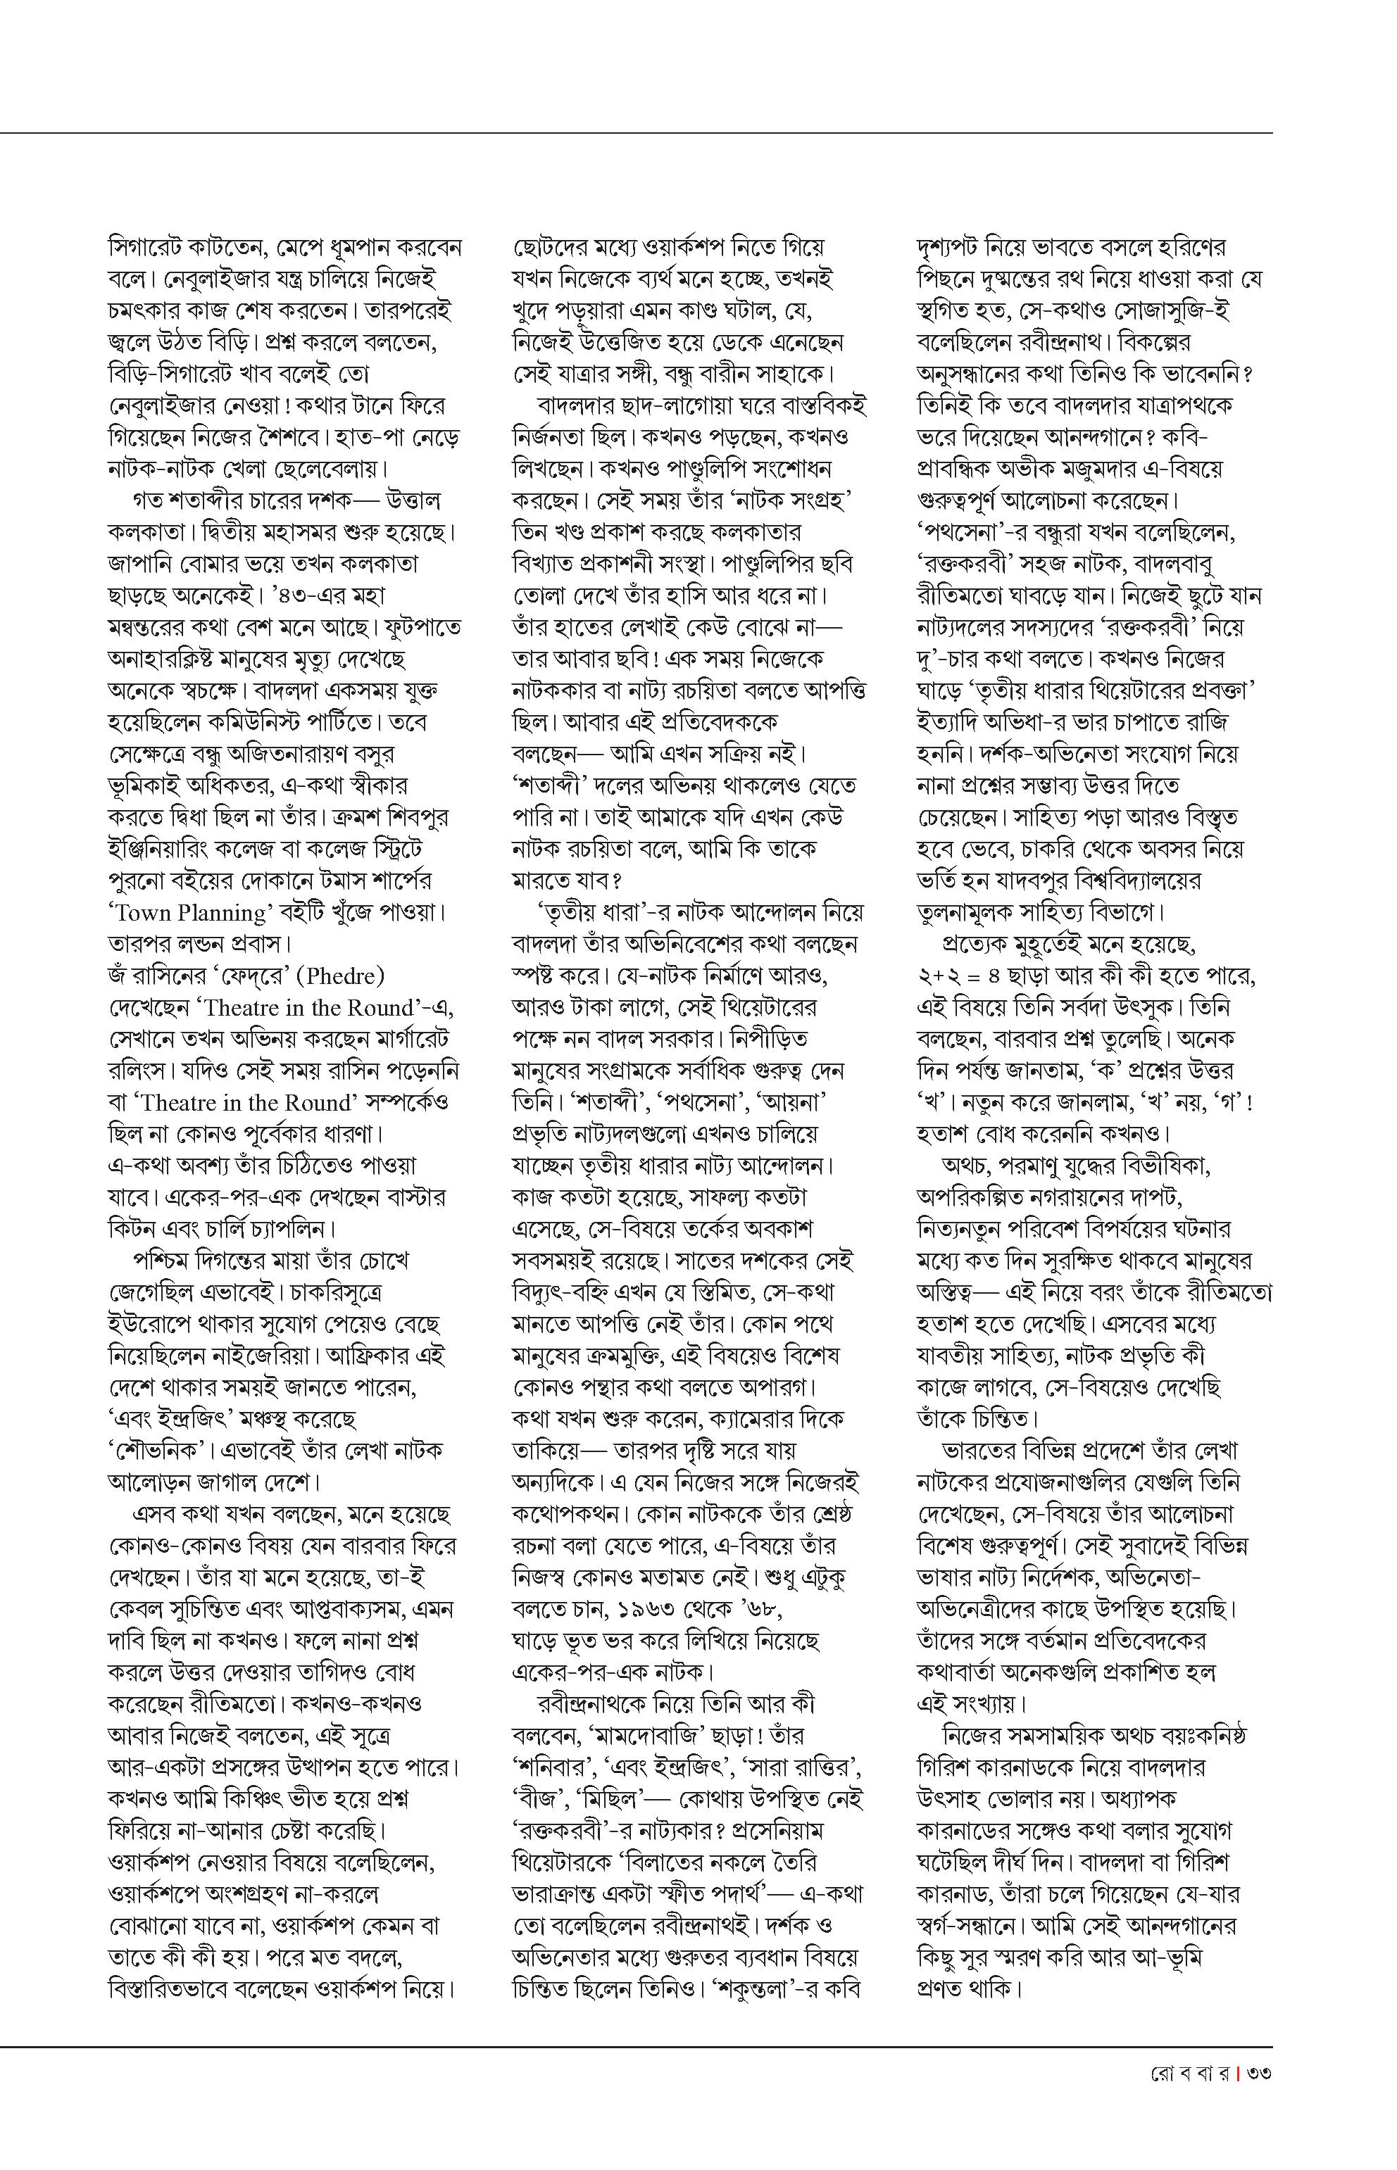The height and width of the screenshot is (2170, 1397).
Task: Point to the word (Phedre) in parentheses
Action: click(345, 976)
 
